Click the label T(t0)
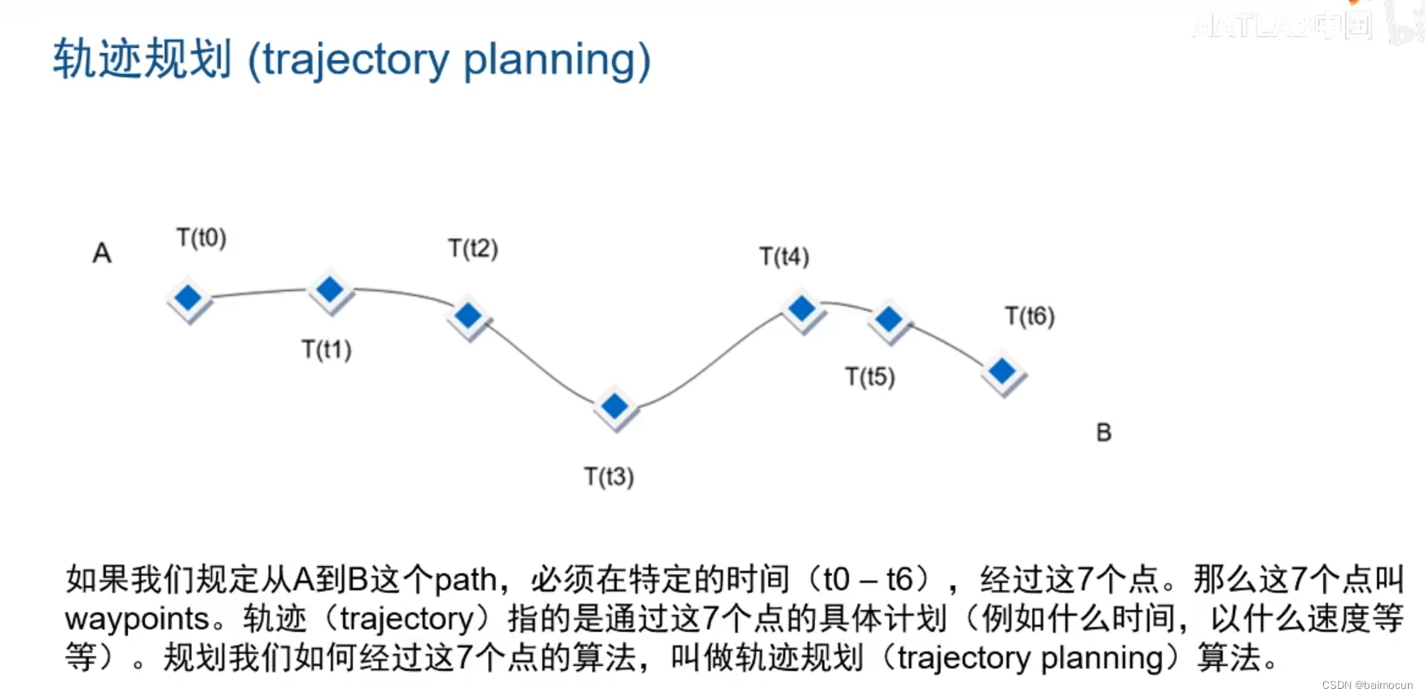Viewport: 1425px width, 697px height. point(201,238)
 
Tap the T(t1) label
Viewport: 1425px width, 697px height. point(326,349)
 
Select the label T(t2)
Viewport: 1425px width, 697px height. point(473,248)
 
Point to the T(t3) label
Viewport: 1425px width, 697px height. point(609,476)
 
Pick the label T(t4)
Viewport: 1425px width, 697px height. point(784,256)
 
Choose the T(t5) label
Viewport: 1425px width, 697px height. point(869,377)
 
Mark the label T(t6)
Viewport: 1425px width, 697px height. point(1029,316)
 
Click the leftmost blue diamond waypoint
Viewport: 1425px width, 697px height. point(188,298)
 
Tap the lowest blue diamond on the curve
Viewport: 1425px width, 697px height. point(614,405)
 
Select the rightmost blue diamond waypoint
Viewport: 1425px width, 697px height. point(1001,372)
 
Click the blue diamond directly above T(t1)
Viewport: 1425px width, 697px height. point(330,289)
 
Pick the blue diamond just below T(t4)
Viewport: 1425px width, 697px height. point(802,309)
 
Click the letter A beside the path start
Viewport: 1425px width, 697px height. point(102,253)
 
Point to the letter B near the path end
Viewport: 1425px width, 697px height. point(1103,432)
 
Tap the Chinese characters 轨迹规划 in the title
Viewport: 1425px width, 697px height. point(142,59)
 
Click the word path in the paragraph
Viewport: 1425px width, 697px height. point(465,580)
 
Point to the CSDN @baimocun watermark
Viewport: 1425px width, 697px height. point(1366,686)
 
